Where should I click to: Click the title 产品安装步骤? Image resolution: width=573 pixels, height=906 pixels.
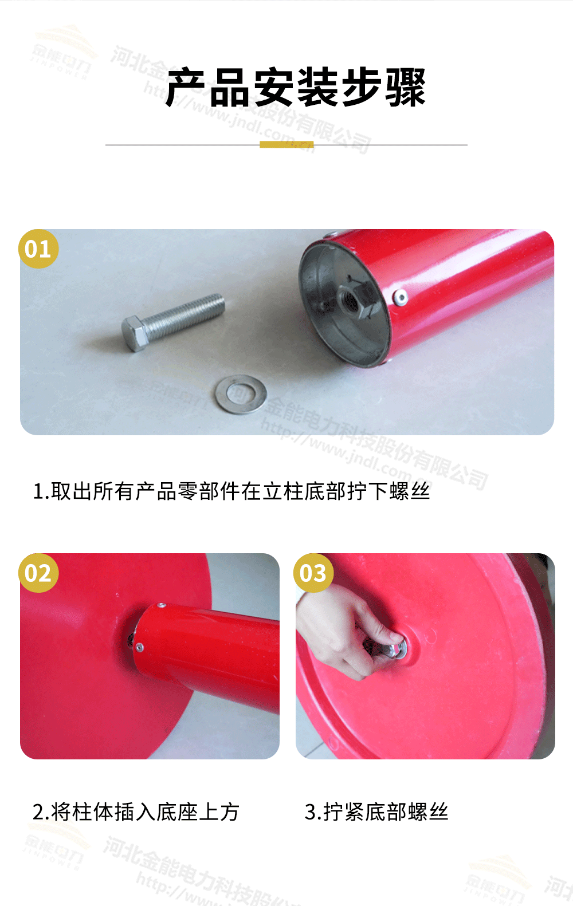click(x=295, y=88)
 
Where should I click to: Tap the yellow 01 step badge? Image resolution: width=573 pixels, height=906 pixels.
click(x=38, y=249)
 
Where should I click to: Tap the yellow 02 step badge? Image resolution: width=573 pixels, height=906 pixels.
click(x=38, y=573)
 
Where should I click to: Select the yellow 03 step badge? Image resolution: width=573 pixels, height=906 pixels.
click(x=313, y=573)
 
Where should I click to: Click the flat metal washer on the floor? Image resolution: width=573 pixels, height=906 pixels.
click(x=242, y=393)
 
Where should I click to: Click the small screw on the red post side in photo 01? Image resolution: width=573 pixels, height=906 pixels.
click(x=401, y=296)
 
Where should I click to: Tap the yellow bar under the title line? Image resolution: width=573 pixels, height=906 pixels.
click(x=286, y=144)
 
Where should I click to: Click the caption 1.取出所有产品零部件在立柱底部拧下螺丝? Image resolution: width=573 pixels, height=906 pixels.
click(x=231, y=491)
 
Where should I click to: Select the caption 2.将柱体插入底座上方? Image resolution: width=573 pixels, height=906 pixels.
click(x=136, y=812)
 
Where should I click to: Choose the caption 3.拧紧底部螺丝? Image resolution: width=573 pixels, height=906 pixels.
click(x=376, y=812)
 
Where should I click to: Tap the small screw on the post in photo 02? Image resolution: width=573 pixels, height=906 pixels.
click(x=139, y=648)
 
